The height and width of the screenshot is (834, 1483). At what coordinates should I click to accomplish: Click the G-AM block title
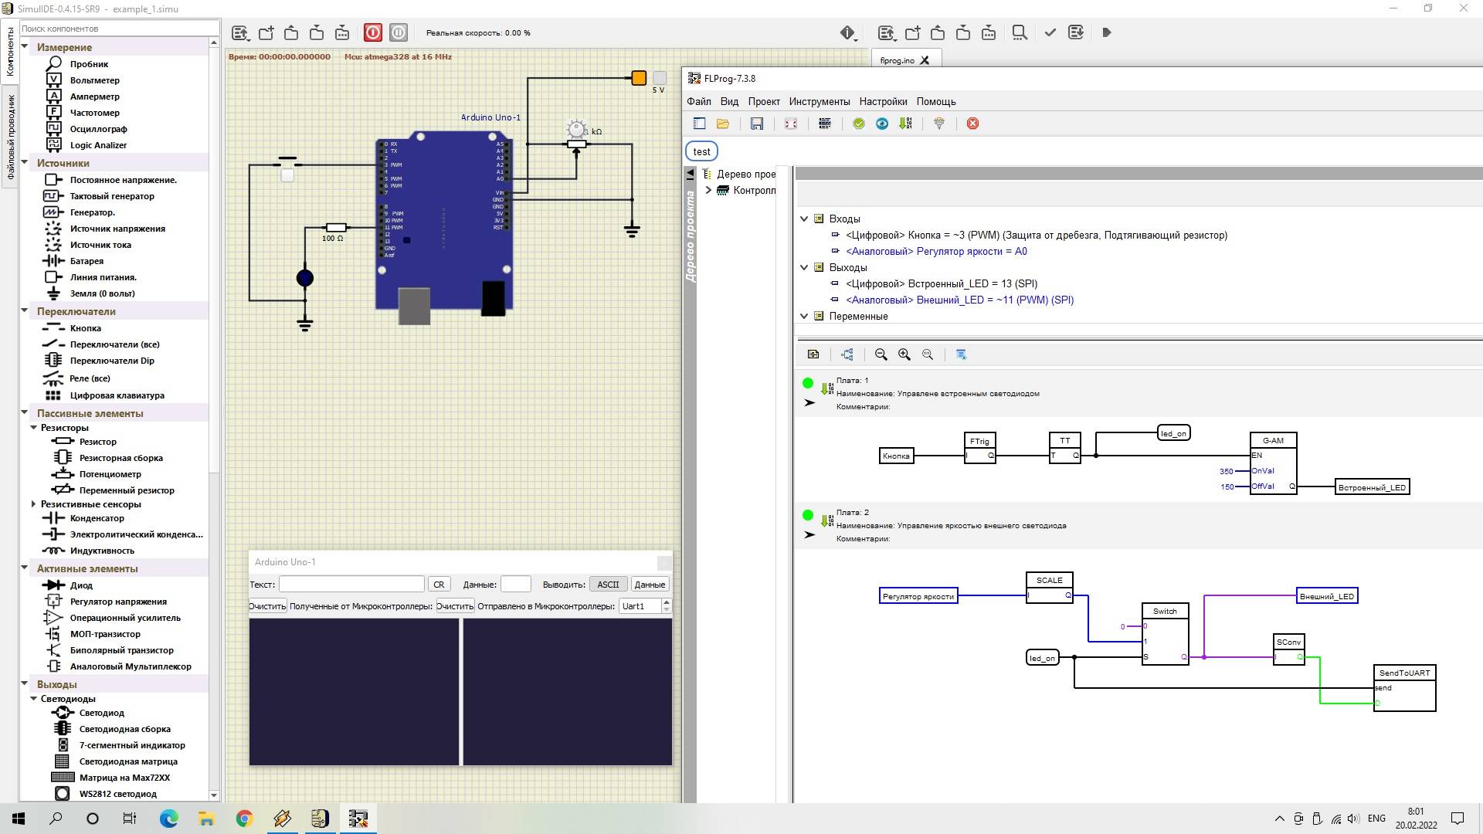pos(1273,441)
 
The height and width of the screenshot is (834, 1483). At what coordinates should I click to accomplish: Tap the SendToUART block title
pos(1404,673)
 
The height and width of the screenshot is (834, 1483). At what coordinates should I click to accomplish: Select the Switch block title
pos(1165,612)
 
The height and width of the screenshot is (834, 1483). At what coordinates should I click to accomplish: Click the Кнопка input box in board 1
pos(896,456)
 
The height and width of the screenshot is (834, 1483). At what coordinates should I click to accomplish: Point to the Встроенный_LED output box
pos(1372,487)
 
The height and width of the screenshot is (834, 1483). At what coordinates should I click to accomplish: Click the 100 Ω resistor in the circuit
pos(336,228)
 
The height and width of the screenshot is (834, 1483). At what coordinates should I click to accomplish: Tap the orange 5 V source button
pos(639,78)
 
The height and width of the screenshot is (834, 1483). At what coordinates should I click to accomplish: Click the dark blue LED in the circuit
pos(305,278)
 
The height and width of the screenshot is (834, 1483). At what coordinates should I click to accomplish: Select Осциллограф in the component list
pos(98,129)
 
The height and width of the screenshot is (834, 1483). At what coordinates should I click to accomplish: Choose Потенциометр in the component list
pos(110,474)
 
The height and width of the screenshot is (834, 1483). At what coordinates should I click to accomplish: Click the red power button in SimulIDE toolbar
pos(373,32)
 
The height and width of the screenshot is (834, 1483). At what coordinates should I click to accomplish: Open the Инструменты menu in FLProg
pos(820,101)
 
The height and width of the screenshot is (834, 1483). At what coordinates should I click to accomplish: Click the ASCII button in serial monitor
pos(608,585)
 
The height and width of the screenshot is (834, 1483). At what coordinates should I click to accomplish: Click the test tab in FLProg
pos(701,151)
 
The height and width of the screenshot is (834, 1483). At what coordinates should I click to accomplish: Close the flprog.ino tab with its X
pos(925,60)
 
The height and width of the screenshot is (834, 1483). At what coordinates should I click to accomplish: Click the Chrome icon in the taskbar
pos(244,819)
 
